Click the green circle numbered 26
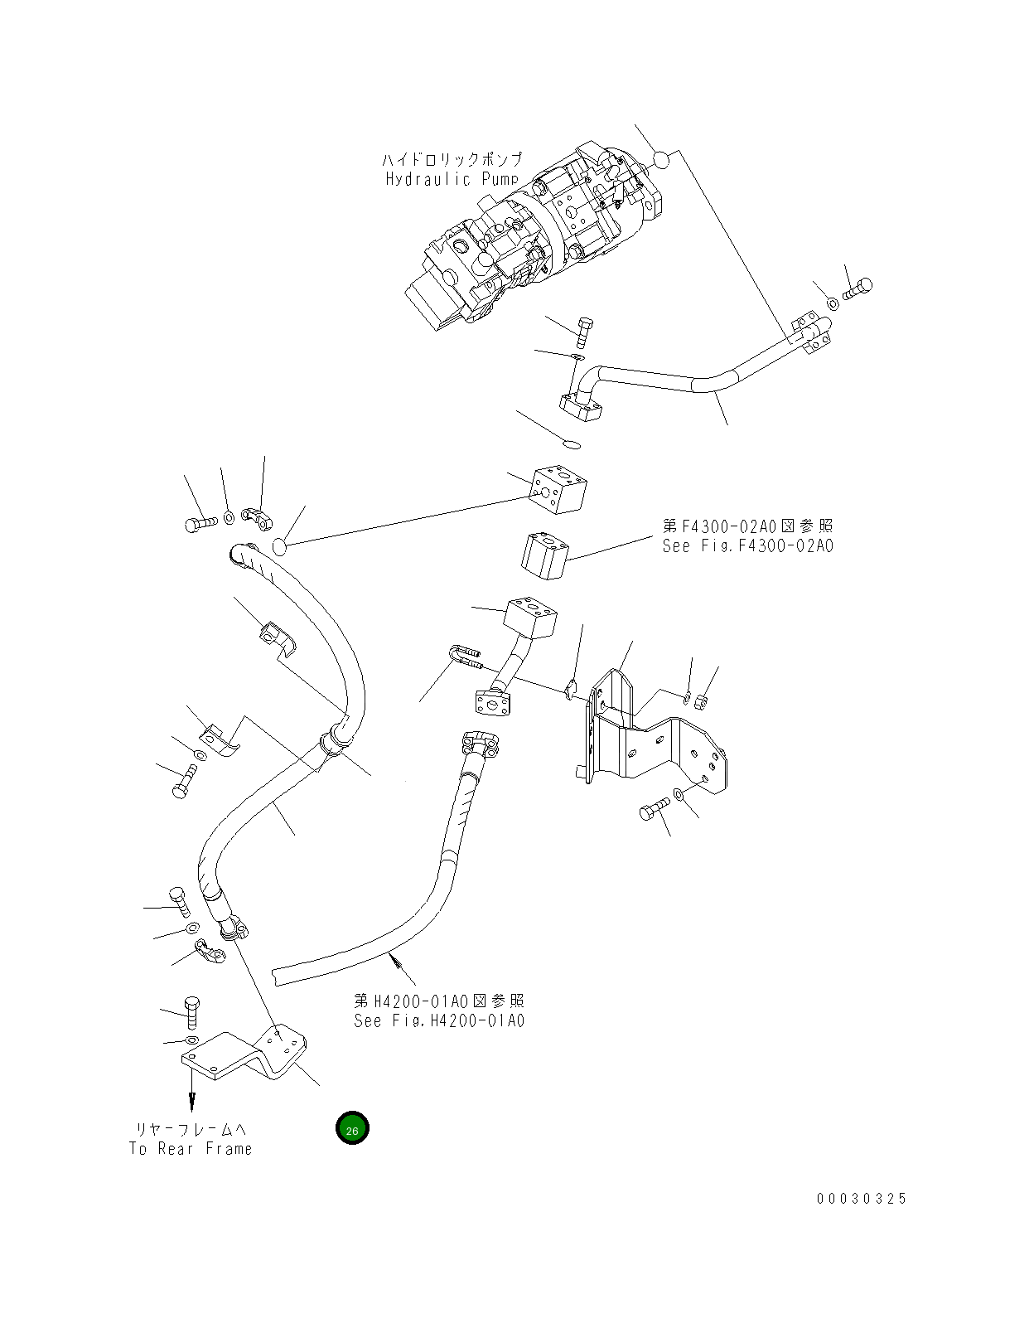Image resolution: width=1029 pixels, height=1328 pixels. click(352, 1128)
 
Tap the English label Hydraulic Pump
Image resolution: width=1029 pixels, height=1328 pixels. click(452, 179)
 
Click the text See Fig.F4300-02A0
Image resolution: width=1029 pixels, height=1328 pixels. click(747, 546)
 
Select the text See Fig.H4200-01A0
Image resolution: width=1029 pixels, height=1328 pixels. click(438, 1021)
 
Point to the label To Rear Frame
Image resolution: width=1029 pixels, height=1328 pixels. click(191, 1149)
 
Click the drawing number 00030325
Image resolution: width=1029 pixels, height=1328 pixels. click(862, 1199)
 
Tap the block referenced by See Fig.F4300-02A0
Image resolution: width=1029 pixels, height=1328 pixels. click(543, 555)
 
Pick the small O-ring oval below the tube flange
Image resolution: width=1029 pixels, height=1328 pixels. click(571, 443)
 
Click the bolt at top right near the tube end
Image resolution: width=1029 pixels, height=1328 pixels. click(857, 289)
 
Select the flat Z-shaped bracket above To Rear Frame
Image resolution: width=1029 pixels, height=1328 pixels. click(244, 1056)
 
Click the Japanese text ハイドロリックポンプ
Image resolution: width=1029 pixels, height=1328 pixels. click(452, 159)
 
